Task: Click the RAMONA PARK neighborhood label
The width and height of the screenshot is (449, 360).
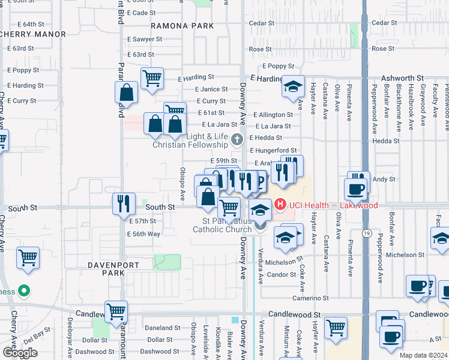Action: click(x=182, y=26)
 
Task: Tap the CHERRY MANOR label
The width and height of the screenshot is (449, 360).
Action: click(x=33, y=34)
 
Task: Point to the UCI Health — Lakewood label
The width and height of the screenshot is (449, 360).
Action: click(x=333, y=206)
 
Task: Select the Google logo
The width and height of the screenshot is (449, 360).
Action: click(x=20, y=352)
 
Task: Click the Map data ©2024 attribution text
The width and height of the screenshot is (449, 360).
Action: click(x=423, y=355)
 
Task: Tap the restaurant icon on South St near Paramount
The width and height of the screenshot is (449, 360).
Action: click(x=123, y=203)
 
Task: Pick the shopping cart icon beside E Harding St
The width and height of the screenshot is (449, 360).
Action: click(x=152, y=77)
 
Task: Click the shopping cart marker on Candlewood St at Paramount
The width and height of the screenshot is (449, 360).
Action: click(x=116, y=311)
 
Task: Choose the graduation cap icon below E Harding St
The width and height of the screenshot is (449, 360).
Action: click(x=293, y=87)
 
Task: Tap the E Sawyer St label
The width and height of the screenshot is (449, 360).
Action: click(x=145, y=39)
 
